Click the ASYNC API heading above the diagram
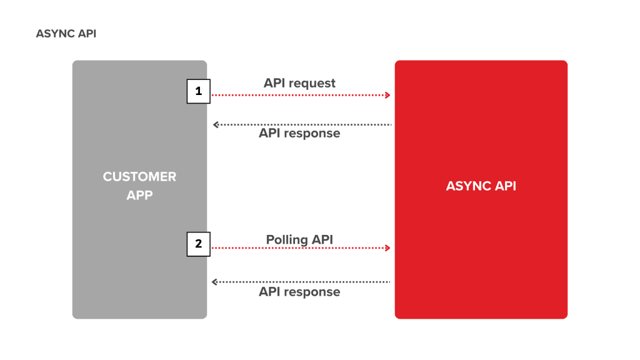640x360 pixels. [66, 34]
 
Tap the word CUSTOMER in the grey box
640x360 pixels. [139, 177]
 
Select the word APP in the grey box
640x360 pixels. [139, 195]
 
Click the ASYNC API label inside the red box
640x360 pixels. [481, 186]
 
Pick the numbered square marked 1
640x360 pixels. [199, 91]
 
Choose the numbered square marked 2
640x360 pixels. [199, 244]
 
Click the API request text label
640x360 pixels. [299, 83]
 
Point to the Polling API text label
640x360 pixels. [299, 240]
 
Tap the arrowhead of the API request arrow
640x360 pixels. [388, 96]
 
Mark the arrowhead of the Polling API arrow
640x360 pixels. [388, 248]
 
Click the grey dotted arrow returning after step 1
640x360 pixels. [302, 125]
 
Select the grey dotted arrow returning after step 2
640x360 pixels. [302, 282]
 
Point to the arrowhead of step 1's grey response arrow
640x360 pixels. [215, 125]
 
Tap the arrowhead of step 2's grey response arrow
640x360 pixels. [215, 282]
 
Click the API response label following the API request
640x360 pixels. [299, 134]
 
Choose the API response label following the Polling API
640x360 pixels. [299, 292]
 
